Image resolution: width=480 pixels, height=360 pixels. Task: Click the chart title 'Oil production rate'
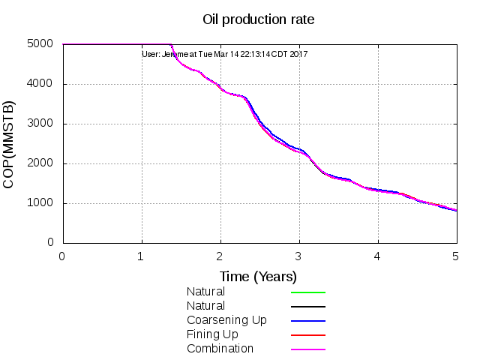tap(259, 19)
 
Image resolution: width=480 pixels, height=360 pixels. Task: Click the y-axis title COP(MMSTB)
tap(10, 143)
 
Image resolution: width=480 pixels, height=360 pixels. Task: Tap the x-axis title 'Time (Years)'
tap(259, 276)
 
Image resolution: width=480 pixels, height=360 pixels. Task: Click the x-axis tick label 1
tap(142, 256)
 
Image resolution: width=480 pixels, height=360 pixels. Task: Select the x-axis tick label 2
tap(220, 256)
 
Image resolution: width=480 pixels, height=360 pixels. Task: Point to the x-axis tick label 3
tap(299, 256)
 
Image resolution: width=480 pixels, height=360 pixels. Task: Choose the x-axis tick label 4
tap(378, 256)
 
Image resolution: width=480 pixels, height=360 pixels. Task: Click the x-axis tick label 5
tap(457, 256)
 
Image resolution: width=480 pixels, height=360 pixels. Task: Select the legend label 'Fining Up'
tap(213, 334)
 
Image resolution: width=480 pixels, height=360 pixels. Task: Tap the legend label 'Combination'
tap(220, 349)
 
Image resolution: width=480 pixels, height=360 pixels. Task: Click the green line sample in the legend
tap(307, 292)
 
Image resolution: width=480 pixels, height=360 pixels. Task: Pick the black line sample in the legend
tap(307, 307)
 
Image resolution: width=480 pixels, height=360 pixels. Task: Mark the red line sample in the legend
tap(307, 335)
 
